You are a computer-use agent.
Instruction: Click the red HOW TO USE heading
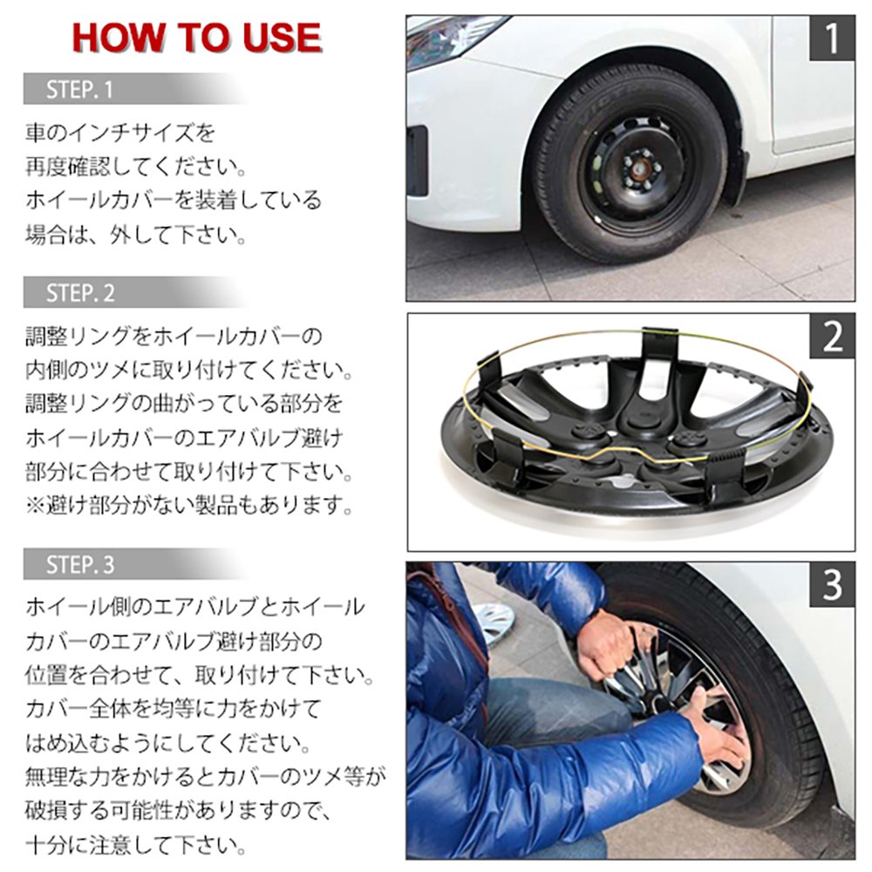coord(196,37)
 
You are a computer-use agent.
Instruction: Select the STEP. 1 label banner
coord(81,89)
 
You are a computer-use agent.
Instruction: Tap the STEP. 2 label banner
coord(81,293)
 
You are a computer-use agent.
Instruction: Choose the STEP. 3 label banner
coord(81,564)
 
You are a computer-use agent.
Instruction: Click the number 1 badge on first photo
coord(832,39)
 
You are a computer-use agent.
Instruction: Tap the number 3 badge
coord(832,586)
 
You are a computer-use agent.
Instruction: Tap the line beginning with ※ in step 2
coord(188,505)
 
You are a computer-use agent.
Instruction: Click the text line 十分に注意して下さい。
coord(134,844)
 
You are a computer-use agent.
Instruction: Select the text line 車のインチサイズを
coord(119,133)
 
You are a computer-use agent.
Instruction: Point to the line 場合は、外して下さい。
coord(134,234)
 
